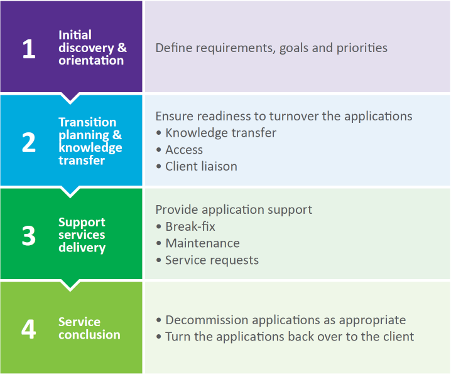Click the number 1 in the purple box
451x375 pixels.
tap(29, 48)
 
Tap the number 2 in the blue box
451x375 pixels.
tap(29, 142)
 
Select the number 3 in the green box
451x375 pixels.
tap(29, 236)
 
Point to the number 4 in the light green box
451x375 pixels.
tap(29, 329)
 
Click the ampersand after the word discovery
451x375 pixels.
tap(122, 48)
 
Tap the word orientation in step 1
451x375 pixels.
tap(91, 60)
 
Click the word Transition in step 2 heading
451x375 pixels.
tap(87, 122)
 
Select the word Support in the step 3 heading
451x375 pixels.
tap(82, 222)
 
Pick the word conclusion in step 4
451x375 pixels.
tap(89, 335)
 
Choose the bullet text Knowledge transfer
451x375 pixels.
tap(220, 133)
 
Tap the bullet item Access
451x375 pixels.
tap(184, 150)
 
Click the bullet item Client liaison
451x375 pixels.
tap(202, 167)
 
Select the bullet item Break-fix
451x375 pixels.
tap(190, 226)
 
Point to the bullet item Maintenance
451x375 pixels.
tap(202, 243)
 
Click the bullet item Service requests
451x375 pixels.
tap(212, 260)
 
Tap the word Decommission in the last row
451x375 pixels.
tap(207, 320)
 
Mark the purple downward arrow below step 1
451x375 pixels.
tap(70, 98)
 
